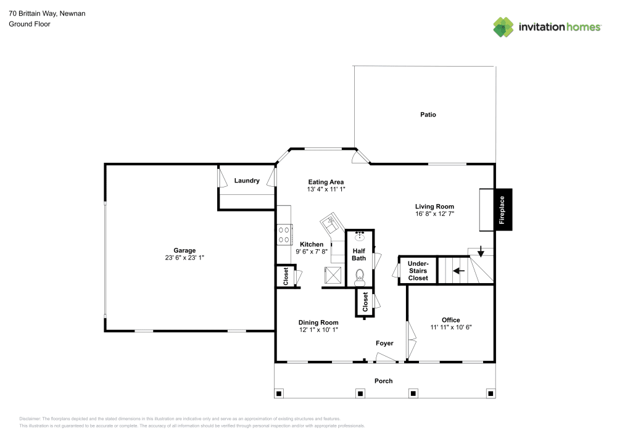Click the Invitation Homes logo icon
click(503, 27)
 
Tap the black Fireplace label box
click(502, 210)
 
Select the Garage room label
click(184, 250)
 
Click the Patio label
click(428, 114)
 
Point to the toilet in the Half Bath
click(360, 277)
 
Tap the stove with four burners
click(284, 234)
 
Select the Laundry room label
click(247, 181)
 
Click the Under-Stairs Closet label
click(418, 271)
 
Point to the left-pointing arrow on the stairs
click(458, 270)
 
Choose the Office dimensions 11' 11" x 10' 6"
click(451, 327)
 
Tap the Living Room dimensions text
click(434, 214)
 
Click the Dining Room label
click(318, 322)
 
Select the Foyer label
click(384, 343)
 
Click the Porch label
click(384, 380)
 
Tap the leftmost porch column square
click(279, 393)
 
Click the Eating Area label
click(326, 182)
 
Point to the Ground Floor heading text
click(30, 24)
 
